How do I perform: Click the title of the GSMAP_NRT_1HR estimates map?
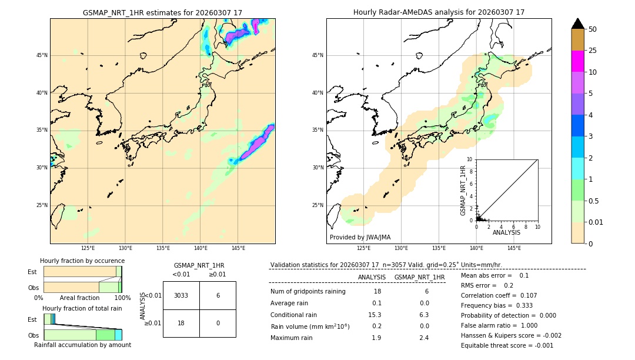point(162,12)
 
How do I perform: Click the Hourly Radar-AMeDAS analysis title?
point(439,12)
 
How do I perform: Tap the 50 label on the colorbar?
point(593,29)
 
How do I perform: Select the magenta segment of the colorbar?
point(577,61)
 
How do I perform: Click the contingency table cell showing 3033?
point(181,295)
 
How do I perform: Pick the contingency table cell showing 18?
point(181,324)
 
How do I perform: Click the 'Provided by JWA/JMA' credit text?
point(360,237)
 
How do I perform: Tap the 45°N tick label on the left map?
point(42,55)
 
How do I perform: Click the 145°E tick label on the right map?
point(514,248)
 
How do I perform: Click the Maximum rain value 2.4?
point(423,338)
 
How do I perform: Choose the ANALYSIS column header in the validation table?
point(372,277)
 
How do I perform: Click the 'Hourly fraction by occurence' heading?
point(82,261)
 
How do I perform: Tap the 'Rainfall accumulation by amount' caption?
point(82,345)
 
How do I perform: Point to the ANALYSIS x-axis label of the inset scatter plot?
point(506,232)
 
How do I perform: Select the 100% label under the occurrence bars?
point(122,298)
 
